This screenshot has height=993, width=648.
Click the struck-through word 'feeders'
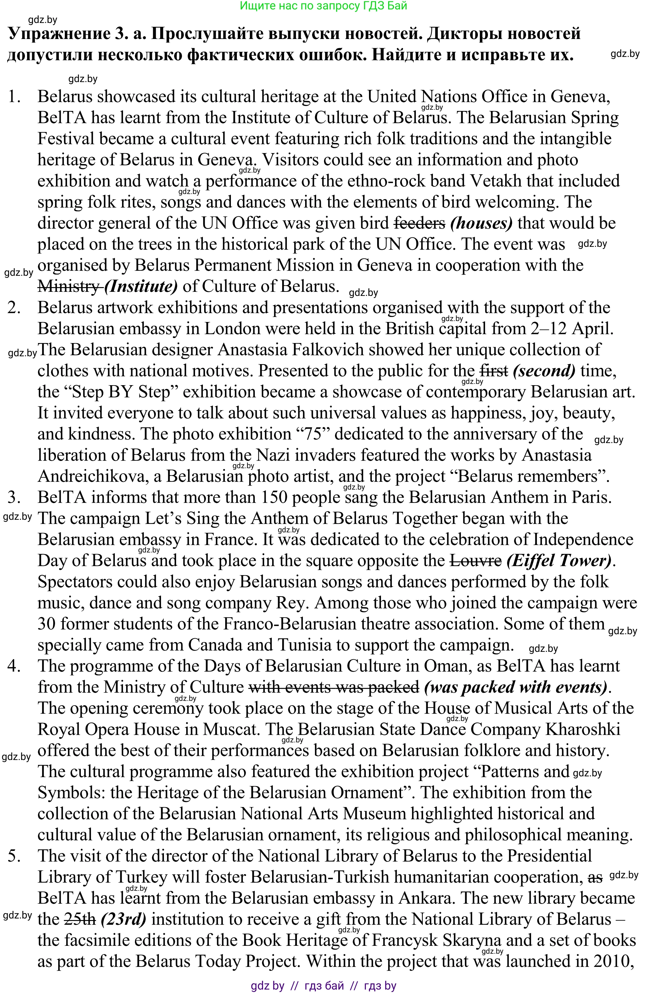point(420,223)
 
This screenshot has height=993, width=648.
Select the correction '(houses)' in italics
point(482,223)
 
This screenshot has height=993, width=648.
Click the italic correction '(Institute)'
point(141,287)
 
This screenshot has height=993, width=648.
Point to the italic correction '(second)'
point(544,371)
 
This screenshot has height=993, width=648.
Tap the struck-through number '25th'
point(80,919)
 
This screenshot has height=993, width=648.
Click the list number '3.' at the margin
point(14,497)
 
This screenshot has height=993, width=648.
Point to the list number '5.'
point(14,856)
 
